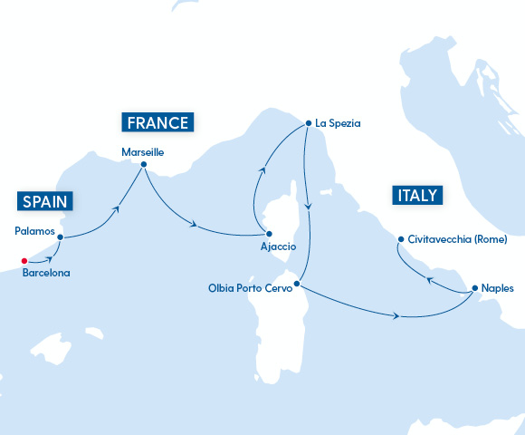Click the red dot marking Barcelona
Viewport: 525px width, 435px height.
(x=24, y=261)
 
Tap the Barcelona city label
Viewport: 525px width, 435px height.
(x=46, y=272)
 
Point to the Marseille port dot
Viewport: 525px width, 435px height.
(x=144, y=164)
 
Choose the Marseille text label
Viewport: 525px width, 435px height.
(x=143, y=152)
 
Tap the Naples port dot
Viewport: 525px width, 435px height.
(x=475, y=288)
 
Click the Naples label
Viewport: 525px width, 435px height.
(x=499, y=288)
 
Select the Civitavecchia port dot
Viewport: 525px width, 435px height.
(x=400, y=240)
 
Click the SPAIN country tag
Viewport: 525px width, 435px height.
(x=43, y=200)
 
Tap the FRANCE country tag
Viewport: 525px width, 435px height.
(x=158, y=122)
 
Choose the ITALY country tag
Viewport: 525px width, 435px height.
(x=415, y=195)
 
